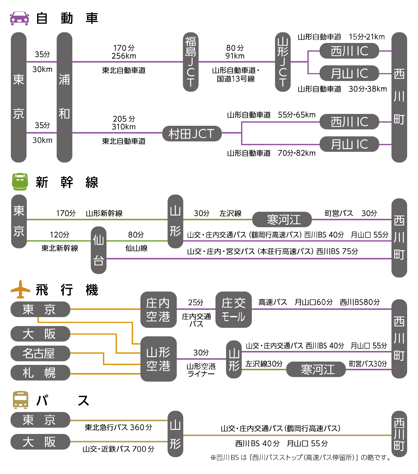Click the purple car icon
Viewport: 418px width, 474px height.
[x=19, y=18]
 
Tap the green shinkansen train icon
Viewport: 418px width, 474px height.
[x=20, y=182]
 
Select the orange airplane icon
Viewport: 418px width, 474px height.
[x=20, y=289]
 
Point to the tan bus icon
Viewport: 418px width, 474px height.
[x=21, y=400]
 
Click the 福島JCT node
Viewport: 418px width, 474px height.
[x=191, y=62]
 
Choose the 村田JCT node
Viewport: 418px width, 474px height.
[x=192, y=134]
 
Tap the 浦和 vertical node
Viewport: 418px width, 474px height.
[x=64, y=97]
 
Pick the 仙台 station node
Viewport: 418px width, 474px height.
[x=99, y=250]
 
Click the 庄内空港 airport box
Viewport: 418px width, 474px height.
[x=158, y=309]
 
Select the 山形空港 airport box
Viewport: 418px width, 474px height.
[x=158, y=359]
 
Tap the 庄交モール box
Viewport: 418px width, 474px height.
[x=234, y=309]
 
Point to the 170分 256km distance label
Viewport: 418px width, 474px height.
[x=124, y=52]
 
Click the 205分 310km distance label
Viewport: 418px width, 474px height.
[x=124, y=123]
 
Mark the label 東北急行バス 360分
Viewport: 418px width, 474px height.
[x=118, y=427]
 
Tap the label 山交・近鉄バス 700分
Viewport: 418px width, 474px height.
[x=118, y=449]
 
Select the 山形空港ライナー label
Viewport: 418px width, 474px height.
[x=201, y=370]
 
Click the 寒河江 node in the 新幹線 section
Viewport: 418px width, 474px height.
[x=282, y=219]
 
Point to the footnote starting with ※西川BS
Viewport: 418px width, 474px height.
[x=301, y=458]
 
